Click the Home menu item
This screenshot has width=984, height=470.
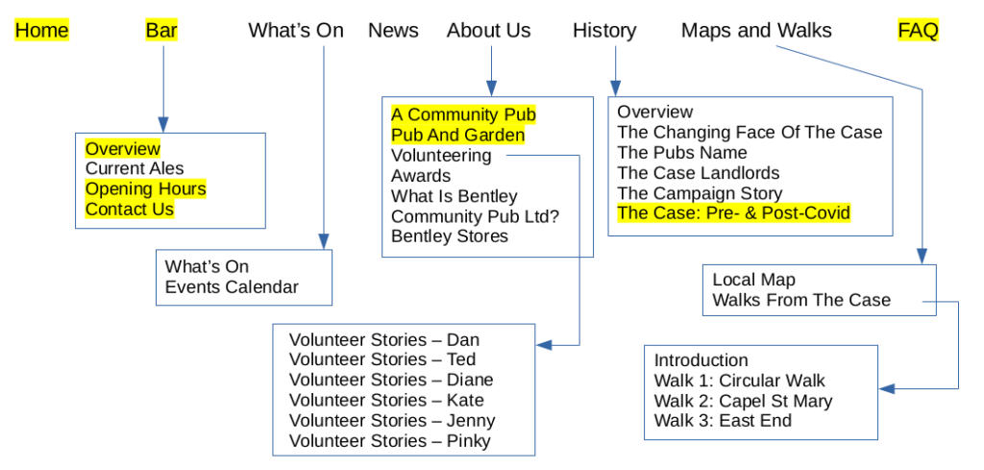(x=41, y=31)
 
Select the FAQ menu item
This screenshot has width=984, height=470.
(x=918, y=31)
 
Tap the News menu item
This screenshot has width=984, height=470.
(x=393, y=31)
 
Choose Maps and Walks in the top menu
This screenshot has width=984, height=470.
(x=756, y=31)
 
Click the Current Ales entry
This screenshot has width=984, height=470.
(x=135, y=169)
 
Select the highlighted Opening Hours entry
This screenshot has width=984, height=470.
(x=145, y=189)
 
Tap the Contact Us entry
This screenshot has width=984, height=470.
(x=130, y=210)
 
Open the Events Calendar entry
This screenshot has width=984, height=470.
(x=232, y=287)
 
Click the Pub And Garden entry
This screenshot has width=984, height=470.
(x=457, y=136)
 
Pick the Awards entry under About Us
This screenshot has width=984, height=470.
(x=421, y=176)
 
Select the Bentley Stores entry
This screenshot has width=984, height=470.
(x=450, y=236)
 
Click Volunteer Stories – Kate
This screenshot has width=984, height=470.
(x=386, y=401)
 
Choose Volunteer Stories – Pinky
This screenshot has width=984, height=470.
(x=389, y=441)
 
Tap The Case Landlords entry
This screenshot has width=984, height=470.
(x=699, y=173)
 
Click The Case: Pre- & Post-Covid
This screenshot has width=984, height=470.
(x=733, y=213)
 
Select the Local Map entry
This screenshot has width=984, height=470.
(x=753, y=280)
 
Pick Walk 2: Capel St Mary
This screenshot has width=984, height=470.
(x=743, y=401)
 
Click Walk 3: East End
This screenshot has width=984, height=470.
(x=723, y=421)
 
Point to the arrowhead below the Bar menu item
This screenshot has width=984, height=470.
(x=163, y=124)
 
